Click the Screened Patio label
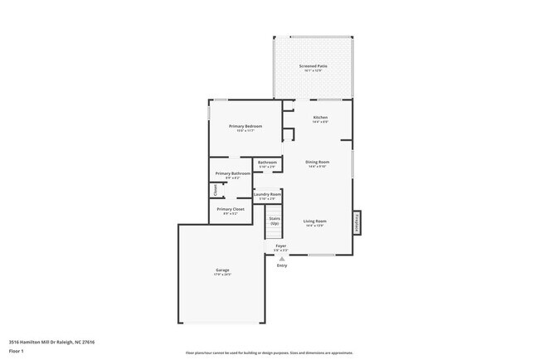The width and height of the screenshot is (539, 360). point(313,66)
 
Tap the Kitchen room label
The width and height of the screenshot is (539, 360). point(320,119)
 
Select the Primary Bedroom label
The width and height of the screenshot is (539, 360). point(245,126)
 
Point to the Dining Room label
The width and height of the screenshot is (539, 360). point(317,162)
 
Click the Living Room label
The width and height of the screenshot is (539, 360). point(314,221)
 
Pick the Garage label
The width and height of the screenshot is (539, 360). point(222,270)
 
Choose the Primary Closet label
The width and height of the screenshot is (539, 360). point(231,209)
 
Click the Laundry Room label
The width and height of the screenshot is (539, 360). point(267,195)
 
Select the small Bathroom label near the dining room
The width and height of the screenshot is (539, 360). point(267,163)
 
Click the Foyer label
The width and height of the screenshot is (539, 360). point(281,246)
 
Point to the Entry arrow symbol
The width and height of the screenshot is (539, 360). point(281,258)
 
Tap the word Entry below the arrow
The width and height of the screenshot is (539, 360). point(282,265)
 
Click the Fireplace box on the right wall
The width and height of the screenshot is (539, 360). point(357,222)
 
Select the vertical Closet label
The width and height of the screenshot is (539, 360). point(216,190)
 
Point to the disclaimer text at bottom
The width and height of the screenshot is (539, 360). point(269,353)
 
